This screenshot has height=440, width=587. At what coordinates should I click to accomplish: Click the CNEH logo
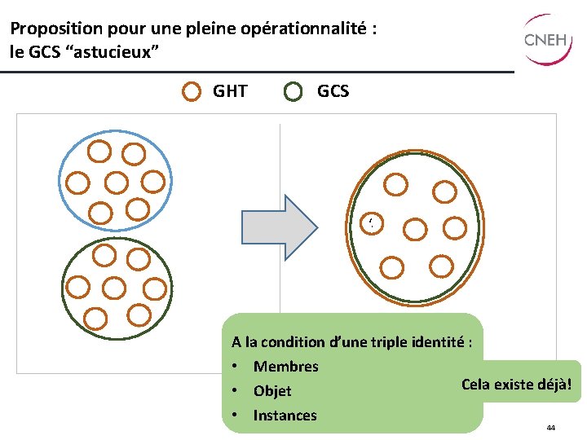click(545, 39)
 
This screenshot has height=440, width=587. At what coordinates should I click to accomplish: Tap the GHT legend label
click(230, 91)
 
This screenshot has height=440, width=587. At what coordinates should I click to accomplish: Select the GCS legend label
click(333, 91)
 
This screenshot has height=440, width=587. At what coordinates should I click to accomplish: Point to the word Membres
click(285, 367)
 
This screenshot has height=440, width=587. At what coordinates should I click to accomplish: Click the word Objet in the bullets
click(272, 391)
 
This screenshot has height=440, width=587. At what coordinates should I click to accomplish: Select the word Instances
click(285, 416)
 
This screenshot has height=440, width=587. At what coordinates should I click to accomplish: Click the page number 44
click(551, 428)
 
